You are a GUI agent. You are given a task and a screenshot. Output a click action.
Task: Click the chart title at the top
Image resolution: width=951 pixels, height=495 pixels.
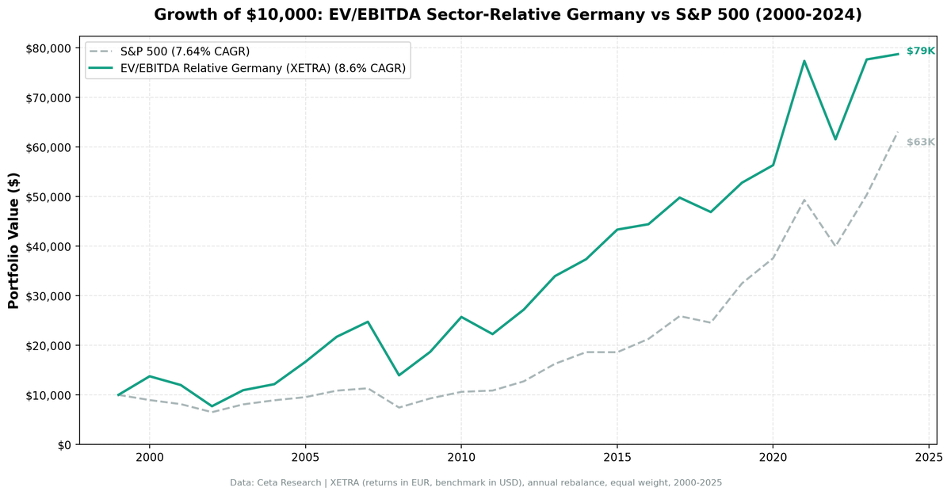pyautogui.click(x=507, y=14)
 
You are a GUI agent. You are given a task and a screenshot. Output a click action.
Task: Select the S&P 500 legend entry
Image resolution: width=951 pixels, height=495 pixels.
pyautogui.click(x=184, y=51)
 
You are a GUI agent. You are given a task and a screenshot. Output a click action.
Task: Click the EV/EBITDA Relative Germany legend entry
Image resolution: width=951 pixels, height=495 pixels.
pyautogui.click(x=262, y=69)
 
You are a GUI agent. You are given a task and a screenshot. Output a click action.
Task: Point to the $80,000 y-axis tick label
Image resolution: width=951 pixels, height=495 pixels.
pyautogui.click(x=48, y=48)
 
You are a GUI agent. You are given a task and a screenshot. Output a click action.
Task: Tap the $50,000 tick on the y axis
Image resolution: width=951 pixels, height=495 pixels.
pyautogui.click(x=48, y=196)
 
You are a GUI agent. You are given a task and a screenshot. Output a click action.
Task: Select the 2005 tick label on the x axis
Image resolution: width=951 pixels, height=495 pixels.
pyautogui.click(x=305, y=458)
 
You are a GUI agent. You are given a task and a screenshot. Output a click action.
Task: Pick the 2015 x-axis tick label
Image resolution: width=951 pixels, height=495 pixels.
pyautogui.click(x=617, y=458)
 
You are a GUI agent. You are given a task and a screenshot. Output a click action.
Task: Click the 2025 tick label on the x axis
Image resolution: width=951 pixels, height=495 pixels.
pyautogui.click(x=928, y=458)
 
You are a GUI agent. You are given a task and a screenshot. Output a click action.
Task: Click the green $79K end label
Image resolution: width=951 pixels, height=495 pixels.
pyautogui.click(x=920, y=51)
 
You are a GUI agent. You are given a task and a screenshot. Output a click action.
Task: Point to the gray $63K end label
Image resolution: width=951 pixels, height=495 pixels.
pyautogui.click(x=920, y=143)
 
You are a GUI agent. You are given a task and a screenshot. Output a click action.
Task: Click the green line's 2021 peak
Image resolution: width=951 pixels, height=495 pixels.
pyautogui.click(x=804, y=61)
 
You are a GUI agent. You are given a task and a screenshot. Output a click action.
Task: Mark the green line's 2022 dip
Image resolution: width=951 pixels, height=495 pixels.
pyautogui.click(x=835, y=139)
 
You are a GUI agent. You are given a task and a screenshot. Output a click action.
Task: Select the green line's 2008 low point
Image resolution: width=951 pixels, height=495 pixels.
pyautogui.click(x=399, y=375)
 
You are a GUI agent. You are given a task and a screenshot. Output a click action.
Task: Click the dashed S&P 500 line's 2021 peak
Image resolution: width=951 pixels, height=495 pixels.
pyautogui.click(x=804, y=200)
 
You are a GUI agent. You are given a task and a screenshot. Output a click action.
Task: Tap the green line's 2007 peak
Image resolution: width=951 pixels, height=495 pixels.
pyautogui.click(x=368, y=322)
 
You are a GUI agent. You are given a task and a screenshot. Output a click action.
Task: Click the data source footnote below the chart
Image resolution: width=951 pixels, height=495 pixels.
pyautogui.click(x=475, y=482)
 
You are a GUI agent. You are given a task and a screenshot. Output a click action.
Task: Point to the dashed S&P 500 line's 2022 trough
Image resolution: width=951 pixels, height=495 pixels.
pyautogui.click(x=835, y=246)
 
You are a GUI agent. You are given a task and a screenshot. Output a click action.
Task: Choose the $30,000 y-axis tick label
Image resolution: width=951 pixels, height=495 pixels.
pyautogui.click(x=48, y=295)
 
